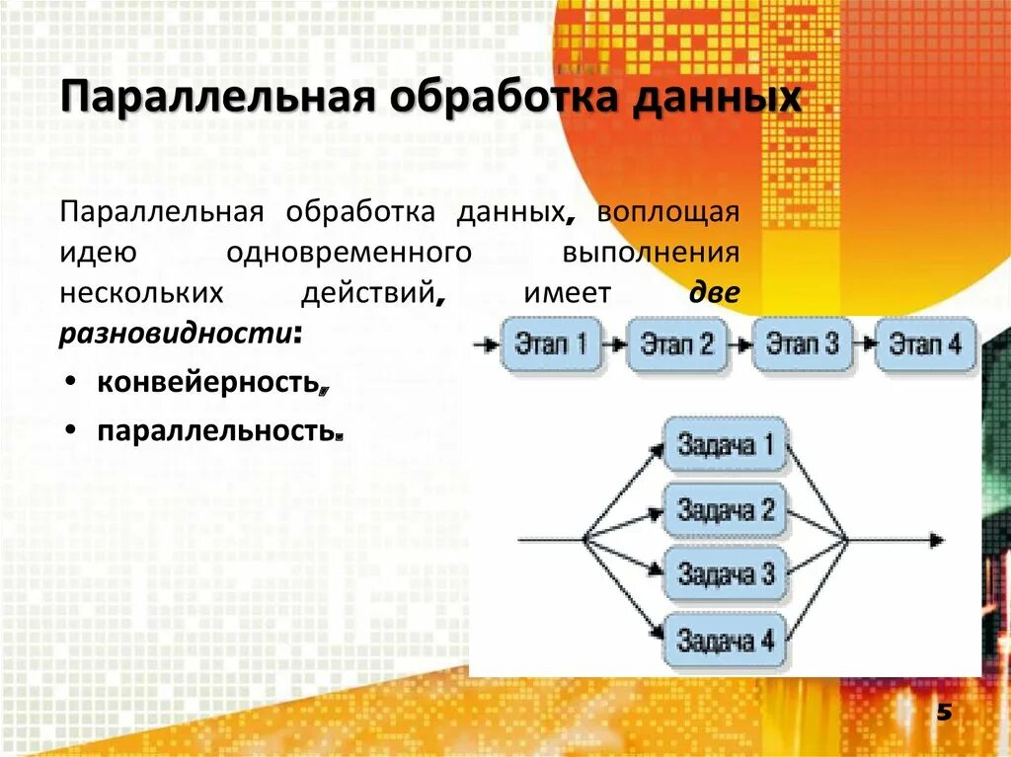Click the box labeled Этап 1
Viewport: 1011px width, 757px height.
tap(551, 344)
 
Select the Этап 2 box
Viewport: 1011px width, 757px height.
tap(677, 344)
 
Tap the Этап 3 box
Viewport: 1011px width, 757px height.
tap(802, 344)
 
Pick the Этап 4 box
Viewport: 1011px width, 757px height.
tap(925, 344)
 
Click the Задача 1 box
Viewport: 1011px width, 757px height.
tap(726, 445)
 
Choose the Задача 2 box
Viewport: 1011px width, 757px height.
tap(726, 510)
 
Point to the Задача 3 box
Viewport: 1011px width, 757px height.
tap(726, 574)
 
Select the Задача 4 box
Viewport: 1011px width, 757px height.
tap(726, 641)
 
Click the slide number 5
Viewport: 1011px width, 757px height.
tap(942, 714)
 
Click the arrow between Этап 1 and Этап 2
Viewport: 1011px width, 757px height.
tap(614, 345)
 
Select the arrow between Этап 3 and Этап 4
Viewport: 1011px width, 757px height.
tap(864, 344)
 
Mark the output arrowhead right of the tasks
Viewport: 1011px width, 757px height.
tap(936, 540)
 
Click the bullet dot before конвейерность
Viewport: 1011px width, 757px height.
tap(74, 383)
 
